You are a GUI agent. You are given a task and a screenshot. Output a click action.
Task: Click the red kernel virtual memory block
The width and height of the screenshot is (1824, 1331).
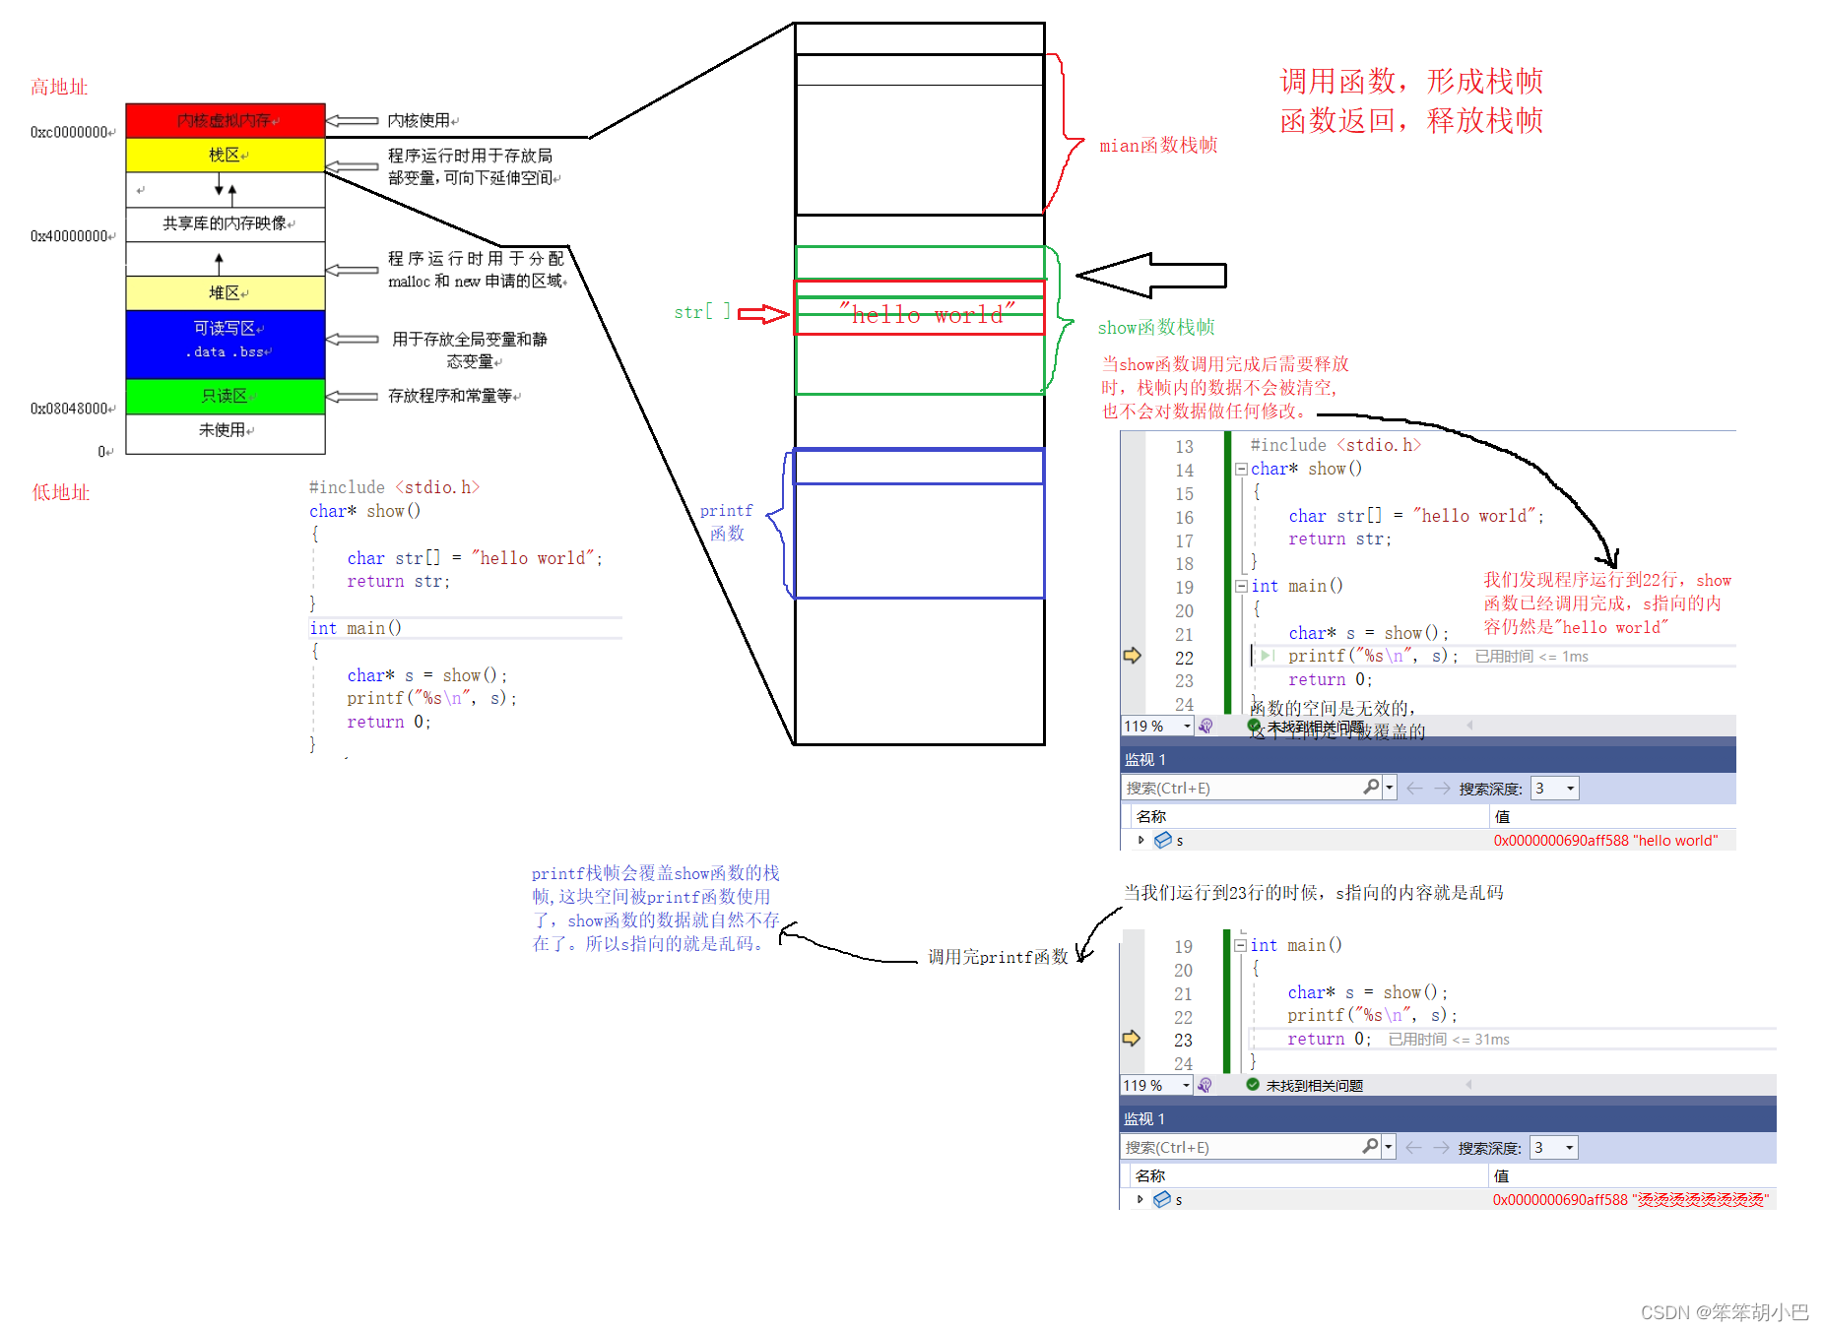coord(226,120)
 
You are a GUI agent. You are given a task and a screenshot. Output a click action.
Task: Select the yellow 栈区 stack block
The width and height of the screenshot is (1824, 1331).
coord(226,155)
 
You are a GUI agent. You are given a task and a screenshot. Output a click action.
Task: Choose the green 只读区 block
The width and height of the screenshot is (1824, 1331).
coord(226,396)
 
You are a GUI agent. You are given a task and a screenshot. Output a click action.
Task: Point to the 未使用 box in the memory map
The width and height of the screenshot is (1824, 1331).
coord(226,430)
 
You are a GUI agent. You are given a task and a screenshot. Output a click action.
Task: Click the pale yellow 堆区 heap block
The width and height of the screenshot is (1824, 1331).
coord(226,292)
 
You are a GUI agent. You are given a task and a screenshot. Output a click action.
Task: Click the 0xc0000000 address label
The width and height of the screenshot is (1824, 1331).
coord(71,132)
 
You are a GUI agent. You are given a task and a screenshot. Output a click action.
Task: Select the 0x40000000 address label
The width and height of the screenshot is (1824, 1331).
coord(71,236)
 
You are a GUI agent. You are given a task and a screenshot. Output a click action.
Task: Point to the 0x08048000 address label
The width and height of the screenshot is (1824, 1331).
coord(71,409)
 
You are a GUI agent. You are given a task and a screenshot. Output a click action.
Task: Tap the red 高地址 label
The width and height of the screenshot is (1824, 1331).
coord(59,87)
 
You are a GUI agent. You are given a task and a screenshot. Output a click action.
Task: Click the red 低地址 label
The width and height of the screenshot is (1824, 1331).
coord(60,492)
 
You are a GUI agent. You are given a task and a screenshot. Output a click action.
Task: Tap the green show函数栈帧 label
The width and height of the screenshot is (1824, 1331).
coord(1156,327)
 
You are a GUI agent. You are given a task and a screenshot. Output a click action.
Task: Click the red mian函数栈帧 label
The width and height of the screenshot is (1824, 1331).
coord(1158,146)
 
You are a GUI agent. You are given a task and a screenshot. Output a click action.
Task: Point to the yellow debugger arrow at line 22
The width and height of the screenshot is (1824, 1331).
coord(1133,656)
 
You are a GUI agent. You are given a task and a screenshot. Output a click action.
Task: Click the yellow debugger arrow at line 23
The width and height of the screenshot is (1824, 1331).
coord(1132,1038)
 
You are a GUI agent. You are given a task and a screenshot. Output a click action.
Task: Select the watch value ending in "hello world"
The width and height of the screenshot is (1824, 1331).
coord(1605,841)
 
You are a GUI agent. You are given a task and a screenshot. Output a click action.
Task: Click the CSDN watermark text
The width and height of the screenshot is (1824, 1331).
coord(1724,1312)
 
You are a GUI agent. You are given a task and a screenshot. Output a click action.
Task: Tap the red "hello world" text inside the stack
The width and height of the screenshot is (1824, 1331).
coord(927,315)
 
